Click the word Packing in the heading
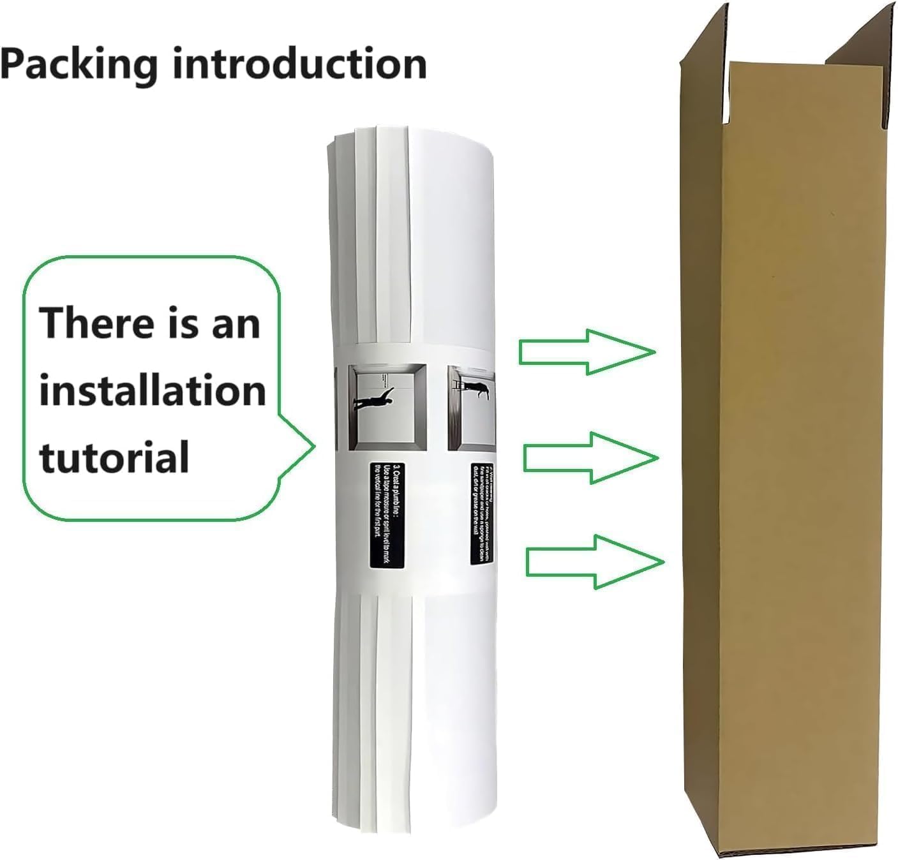[79, 64]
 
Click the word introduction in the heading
[300, 64]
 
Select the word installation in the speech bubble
[152, 390]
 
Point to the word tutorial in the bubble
[115, 457]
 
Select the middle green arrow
[590, 457]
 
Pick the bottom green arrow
[595, 561]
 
